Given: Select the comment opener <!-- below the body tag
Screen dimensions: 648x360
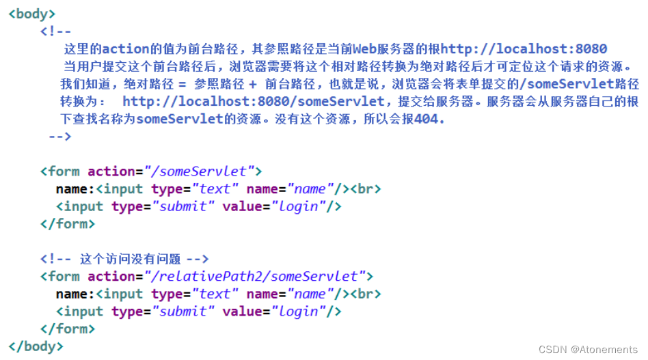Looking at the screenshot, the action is point(56,31).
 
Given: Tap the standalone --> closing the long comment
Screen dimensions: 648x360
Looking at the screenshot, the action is point(60,137).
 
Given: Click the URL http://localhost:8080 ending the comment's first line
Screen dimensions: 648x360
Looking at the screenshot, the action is point(524,49).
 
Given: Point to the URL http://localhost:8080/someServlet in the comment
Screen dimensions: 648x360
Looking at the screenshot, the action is point(254,101).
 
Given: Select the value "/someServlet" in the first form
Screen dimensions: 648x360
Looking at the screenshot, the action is point(203,171).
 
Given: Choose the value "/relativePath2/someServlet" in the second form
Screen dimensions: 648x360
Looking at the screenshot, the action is point(255,276).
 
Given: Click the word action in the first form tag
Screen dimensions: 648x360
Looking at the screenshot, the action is point(112,171).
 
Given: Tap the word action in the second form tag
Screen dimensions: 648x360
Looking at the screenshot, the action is point(112,276).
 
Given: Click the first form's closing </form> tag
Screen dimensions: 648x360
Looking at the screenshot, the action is point(68,223).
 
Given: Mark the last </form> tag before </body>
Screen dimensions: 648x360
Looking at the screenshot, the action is point(68,329).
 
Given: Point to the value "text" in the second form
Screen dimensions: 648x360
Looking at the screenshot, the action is point(215,294).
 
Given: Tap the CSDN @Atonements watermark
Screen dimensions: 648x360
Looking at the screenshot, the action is point(587,349).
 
